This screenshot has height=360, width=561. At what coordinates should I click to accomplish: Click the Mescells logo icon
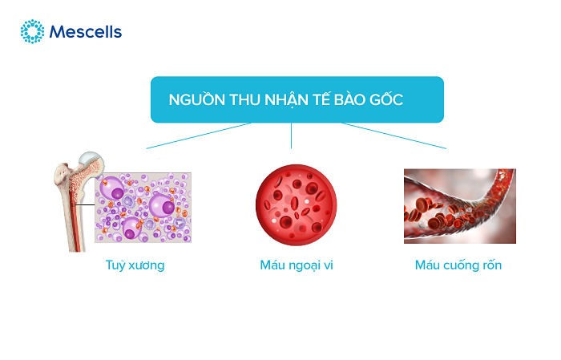pyautogui.click(x=32, y=32)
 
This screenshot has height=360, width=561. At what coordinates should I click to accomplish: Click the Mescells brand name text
pyautogui.click(x=85, y=33)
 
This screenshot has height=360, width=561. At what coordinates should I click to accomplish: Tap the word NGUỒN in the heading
pyautogui.click(x=193, y=99)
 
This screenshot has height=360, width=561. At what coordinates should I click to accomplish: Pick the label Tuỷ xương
pyautogui.click(x=135, y=265)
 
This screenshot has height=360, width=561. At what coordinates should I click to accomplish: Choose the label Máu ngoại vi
pyautogui.click(x=291, y=265)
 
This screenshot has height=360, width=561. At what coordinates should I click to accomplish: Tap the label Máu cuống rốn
pyautogui.click(x=458, y=265)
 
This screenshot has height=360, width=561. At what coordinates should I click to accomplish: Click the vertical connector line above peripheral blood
pyautogui.click(x=291, y=136)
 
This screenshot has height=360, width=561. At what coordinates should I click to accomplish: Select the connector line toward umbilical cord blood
pyautogui.click(x=393, y=136)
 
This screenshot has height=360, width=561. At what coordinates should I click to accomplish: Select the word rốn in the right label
pyautogui.click(x=490, y=265)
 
